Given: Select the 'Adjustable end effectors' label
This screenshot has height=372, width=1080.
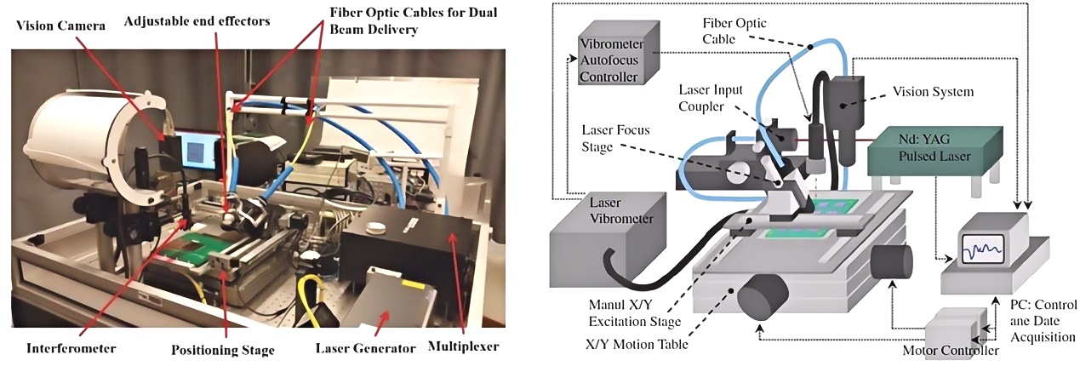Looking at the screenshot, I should (197, 20).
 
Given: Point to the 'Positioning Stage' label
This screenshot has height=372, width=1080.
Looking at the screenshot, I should (224, 348).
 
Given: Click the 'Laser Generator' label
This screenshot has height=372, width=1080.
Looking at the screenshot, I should (364, 347).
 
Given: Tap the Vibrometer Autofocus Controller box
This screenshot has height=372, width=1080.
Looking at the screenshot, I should (608, 61).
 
